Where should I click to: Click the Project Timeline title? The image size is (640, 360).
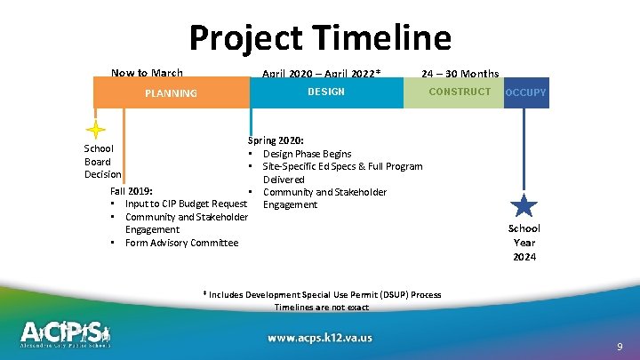(320, 37)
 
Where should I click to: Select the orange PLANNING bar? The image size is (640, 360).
(172, 92)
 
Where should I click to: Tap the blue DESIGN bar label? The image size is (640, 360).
(326, 92)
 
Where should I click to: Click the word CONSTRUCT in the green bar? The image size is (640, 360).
(459, 92)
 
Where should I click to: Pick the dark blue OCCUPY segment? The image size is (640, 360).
(526, 92)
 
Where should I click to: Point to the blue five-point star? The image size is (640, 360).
(524, 205)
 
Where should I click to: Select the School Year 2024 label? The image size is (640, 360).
(524, 243)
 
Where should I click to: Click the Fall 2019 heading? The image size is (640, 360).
(131, 191)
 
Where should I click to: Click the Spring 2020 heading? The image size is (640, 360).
(276, 140)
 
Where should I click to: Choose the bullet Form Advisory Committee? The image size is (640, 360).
(181, 243)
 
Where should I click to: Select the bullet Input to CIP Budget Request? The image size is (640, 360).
(185, 204)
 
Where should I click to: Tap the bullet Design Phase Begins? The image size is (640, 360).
(307, 154)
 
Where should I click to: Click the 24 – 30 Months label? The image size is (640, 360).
(460, 74)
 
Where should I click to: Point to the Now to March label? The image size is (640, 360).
(147, 73)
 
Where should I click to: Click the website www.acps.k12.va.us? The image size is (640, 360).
(320, 337)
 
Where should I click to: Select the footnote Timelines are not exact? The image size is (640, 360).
(321, 307)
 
